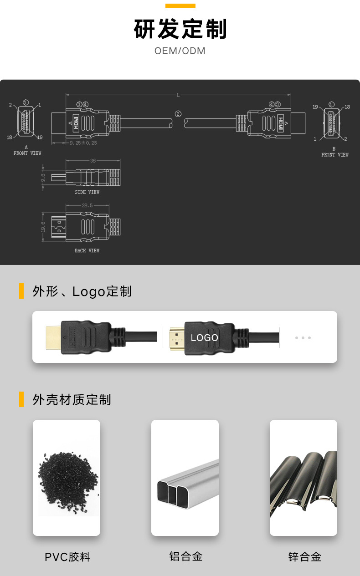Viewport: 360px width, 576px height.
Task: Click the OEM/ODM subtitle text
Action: pos(180,51)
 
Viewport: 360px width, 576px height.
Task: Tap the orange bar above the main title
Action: pos(180,6)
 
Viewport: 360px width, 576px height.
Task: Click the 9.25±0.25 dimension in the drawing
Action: pos(83,143)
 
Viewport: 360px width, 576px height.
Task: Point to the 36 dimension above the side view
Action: pos(93,161)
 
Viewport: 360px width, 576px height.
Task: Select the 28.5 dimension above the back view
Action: pos(87,206)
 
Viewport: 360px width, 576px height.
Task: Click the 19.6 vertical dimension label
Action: pos(43,227)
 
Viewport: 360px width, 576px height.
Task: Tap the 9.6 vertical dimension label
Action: pos(43,178)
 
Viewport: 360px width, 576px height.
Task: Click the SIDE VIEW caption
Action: pos(87,192)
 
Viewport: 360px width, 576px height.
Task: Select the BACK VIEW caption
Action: pos(87,251)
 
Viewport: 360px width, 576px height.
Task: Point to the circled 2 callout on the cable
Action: pos(178,114)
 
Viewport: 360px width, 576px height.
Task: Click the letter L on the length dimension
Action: pos(178,95)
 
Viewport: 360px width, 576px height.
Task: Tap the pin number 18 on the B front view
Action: pos(347,107)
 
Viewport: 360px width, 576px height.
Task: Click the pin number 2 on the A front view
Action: pos(10,105)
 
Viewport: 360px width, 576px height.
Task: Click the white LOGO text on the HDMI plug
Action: pos(205,338)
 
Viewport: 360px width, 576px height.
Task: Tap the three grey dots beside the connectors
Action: pos(303,338)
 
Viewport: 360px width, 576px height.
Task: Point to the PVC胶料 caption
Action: pos(67,557)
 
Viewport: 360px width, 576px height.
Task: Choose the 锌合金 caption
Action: pos(305,556)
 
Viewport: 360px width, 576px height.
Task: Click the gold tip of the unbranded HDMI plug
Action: pos(54,337)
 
